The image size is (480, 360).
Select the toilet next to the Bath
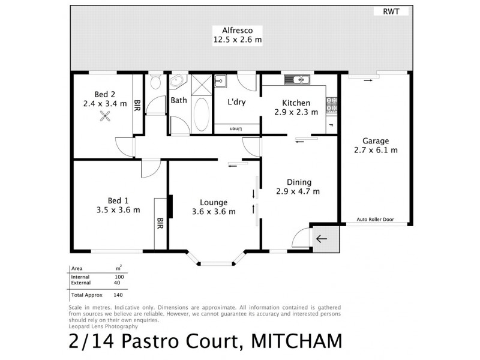[155, 82]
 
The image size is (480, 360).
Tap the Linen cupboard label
[236, 128]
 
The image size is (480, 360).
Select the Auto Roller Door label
[374, 220]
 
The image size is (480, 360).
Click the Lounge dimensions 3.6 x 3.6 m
[214, 211]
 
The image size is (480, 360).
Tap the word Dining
[297, 182]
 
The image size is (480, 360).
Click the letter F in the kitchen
[329, 125]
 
